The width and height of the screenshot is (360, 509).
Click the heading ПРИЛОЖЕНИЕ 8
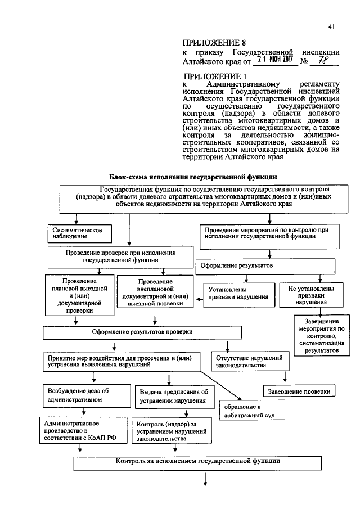(214, 42)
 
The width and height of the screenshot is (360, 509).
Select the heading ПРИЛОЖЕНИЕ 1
(215, 76)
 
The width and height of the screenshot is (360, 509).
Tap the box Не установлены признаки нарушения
(312, 294)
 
